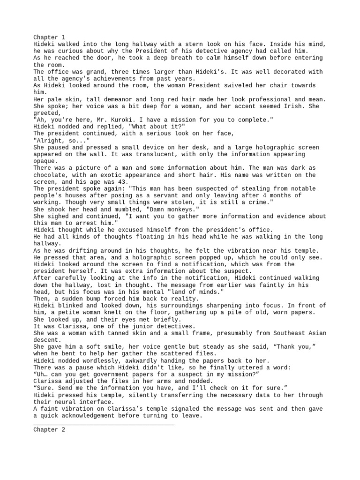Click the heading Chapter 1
(49, 37)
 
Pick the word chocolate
(51, 175)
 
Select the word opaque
(45, 161)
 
